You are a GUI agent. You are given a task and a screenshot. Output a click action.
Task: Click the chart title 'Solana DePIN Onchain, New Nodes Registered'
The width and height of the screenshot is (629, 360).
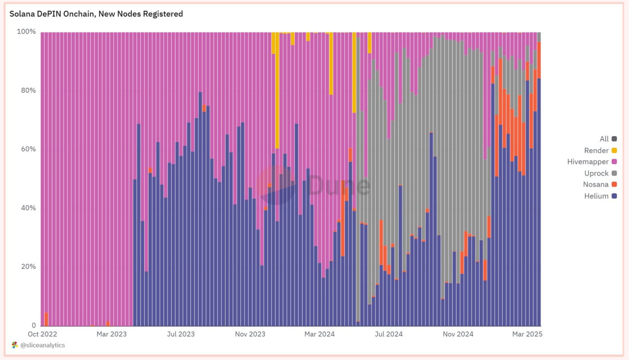[96, 14]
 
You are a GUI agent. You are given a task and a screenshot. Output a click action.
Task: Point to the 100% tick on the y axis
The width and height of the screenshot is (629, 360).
[26, 32]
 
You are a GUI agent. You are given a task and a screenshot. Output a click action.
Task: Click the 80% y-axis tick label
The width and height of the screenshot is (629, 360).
[28, 91]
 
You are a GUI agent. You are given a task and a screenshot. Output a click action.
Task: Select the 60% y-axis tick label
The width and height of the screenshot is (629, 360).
[28, 149]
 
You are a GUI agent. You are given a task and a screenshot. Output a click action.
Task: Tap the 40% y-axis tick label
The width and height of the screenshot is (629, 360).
[28, 208]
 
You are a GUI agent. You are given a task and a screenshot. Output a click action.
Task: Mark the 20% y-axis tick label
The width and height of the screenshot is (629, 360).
[28, 267]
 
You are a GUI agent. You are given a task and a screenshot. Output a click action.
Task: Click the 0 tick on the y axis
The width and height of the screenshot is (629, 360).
[34, 325]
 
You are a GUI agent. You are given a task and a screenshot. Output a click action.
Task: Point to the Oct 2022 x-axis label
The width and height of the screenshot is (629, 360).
[42, 334]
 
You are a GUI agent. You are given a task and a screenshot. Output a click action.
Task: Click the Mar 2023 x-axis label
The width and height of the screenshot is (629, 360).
[111, 334]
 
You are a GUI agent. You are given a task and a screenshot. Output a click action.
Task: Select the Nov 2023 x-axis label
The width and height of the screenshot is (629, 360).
[250, 334]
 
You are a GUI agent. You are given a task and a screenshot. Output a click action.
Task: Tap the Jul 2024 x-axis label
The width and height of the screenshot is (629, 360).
[388, 334]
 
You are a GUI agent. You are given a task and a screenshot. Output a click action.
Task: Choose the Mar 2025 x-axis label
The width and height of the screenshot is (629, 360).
[527, 334]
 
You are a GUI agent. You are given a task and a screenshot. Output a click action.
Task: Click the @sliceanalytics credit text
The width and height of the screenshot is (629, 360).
[42, 345]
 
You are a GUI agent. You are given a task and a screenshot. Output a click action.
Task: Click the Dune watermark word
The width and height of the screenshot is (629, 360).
[338, 185]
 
